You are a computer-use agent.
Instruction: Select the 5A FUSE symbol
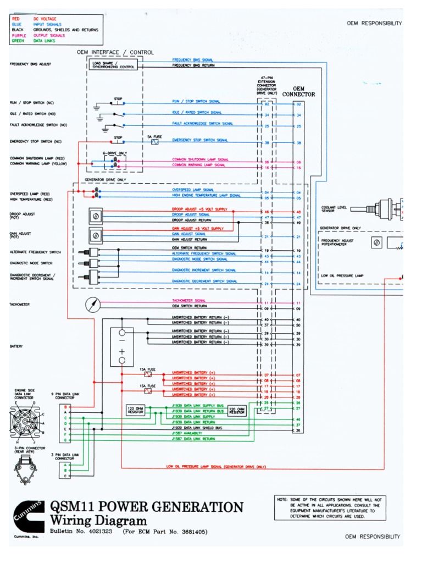click(154, 141)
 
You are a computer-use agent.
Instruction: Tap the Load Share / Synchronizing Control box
click(113, 65)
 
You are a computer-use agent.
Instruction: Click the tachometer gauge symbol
click(93, 304)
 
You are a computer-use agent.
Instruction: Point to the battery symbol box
click(122, 346)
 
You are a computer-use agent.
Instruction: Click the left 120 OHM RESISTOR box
click(135, 411)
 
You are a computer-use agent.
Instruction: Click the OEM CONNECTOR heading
click(298, 91)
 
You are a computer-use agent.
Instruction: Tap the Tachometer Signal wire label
click(189, 301)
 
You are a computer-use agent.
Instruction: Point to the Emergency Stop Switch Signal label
click(200, 140)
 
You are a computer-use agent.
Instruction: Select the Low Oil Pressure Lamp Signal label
click(216, 467)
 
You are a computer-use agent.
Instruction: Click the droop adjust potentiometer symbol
click(96, 215)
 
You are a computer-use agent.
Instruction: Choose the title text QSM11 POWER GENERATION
click(146, 507)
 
